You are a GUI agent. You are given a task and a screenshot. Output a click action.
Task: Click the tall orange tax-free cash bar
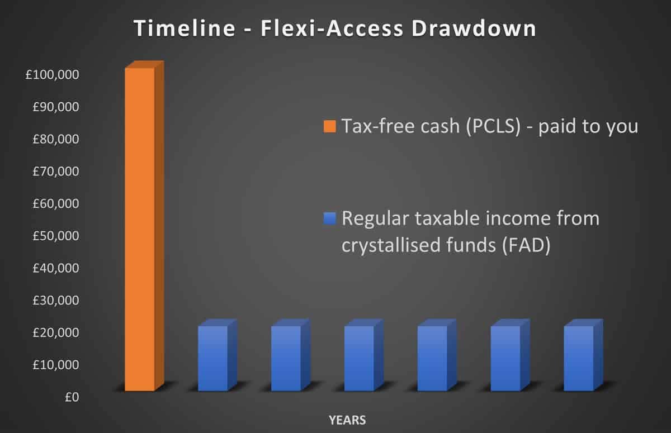tap(140, 229)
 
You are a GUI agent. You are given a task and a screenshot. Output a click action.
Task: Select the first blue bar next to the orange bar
tap(213, 358)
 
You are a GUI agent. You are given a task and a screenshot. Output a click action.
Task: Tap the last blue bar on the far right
tap(579, 358)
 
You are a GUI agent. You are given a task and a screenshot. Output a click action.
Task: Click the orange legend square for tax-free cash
tap(329, 127)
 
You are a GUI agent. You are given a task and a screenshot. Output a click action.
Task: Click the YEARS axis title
tap(347, 419)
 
